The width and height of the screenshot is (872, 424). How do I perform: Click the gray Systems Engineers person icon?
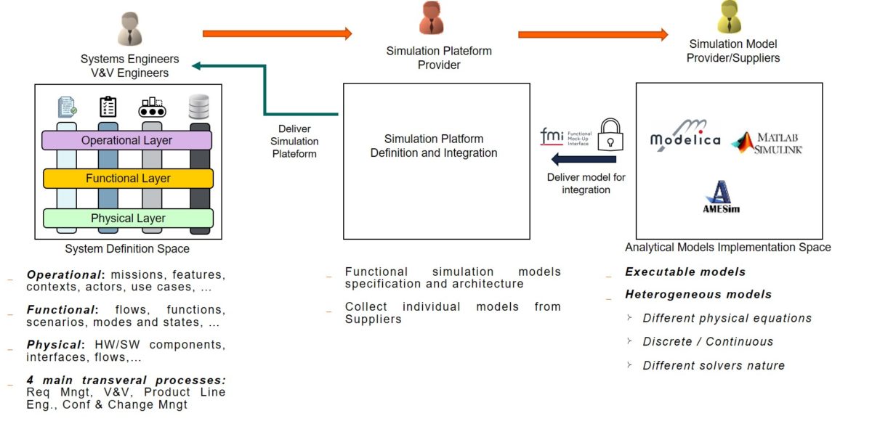pos(130,29)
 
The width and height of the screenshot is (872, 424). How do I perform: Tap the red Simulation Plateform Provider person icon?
pos(431,19)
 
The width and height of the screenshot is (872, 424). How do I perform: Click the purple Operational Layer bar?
pos(127,140)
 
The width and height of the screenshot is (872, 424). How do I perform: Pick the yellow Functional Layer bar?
pos(128,179)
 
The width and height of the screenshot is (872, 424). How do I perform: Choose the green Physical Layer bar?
pos(128,219)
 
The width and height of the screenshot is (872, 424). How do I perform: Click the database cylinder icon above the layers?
pos(199,107)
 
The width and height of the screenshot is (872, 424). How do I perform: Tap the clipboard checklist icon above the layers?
pos(108,107)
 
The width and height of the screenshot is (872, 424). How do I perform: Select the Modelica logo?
pos(685,136)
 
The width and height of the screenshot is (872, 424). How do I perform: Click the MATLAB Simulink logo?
pos(767,142)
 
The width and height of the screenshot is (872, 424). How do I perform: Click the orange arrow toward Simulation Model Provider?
pos(592,34)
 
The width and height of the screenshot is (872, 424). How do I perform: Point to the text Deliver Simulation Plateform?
pos(295,142)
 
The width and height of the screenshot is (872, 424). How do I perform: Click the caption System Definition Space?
pos(127,249)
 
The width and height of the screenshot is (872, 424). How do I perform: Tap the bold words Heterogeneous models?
pos(698,294)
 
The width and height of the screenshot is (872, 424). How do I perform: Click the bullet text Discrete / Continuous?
pos(707,341)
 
